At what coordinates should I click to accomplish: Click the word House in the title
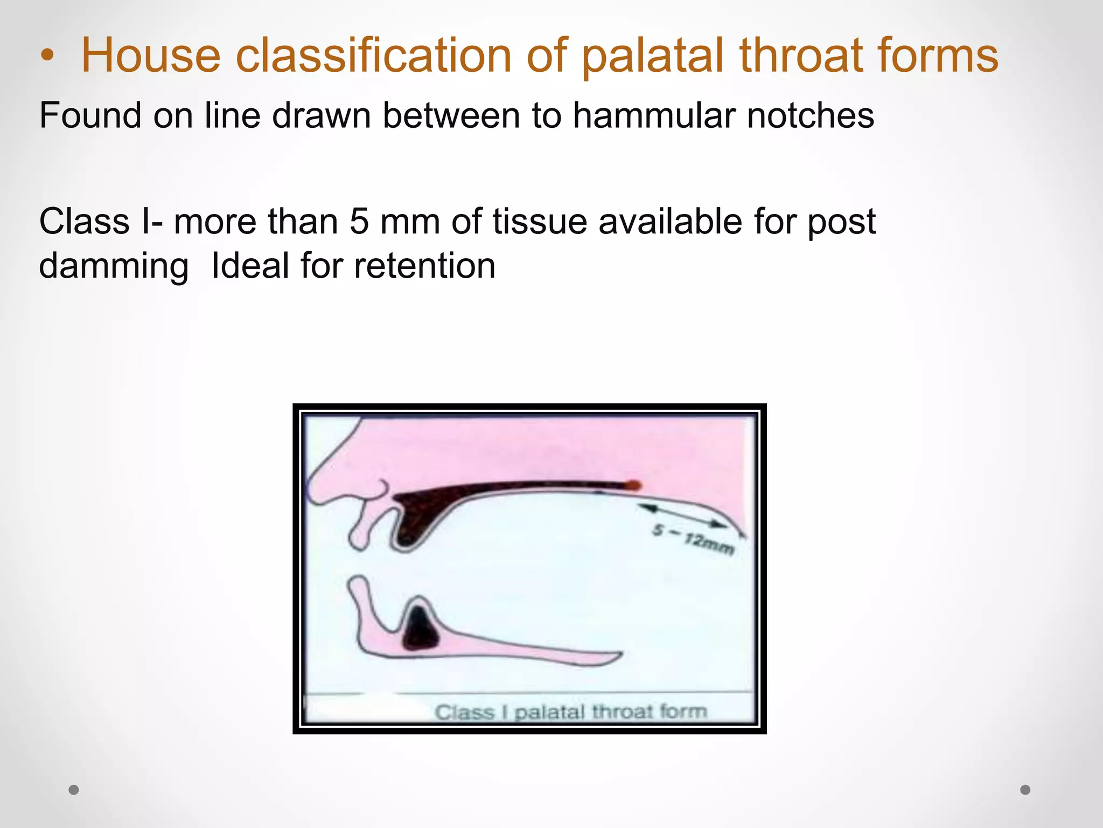click(x=151, y=56)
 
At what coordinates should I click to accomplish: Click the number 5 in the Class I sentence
click(x=359, y=222)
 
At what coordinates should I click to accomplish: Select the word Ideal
click(x=251, y=266)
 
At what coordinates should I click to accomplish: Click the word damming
click(x=114, y=267)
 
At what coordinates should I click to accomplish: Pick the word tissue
click(x=540, y=222)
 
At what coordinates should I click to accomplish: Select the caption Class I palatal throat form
click(x=570, y=712)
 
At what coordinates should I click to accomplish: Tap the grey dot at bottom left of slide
click(x=74, y=790)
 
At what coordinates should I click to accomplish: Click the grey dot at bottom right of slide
click(x=1025, y=790)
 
